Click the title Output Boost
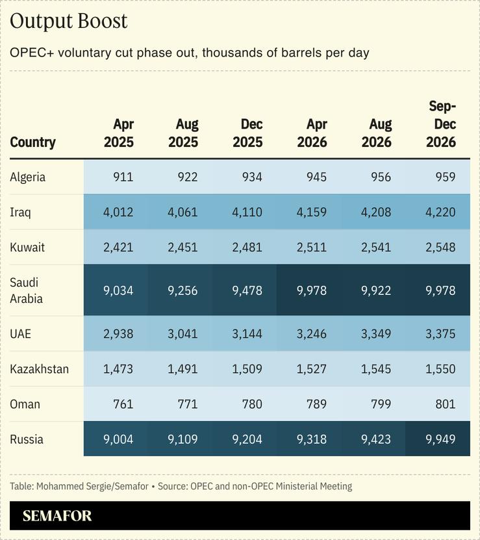69,21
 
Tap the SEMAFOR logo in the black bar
57,516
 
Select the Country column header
33,142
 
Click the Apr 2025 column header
119,133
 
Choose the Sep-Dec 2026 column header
441,124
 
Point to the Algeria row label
28,177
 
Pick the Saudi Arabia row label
25,290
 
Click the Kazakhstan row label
40,369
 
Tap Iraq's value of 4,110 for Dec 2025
247,212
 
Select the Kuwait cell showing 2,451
183,248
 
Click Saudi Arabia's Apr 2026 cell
311,290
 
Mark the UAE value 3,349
375,334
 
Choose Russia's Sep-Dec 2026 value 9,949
440,439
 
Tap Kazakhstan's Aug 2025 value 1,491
183,369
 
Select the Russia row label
27,439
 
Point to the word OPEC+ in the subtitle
31,53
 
